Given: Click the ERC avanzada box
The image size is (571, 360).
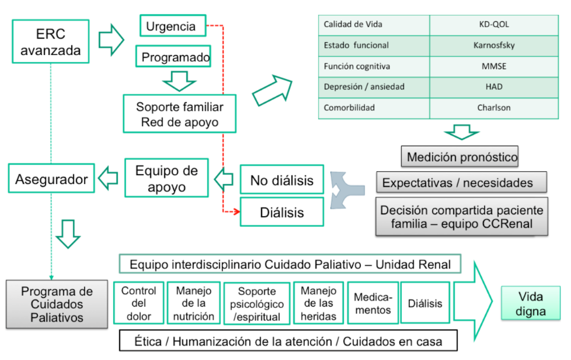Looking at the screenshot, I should coord(50,41).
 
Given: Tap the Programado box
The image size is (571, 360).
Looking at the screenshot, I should coord(176,57).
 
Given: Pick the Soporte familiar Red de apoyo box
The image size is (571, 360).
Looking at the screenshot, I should coord(180,114).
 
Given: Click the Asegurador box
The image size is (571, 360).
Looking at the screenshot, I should coord(51,178).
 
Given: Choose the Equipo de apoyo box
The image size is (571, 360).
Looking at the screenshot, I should coord(166,178).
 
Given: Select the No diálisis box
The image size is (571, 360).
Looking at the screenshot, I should coord(282,180).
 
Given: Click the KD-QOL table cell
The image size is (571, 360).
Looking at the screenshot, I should coord(493,24).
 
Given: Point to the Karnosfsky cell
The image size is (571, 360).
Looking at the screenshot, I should coord(493,45).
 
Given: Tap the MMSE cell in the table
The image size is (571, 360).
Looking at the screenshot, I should coord(493,66).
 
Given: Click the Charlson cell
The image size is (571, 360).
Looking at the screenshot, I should coord(493,108).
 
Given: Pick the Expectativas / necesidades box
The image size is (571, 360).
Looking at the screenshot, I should coord(461,182).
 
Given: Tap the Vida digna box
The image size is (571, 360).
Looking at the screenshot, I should coord(530,303).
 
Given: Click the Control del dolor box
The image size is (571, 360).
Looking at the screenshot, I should coord(138,303).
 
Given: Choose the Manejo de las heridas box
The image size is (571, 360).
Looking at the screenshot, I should coord(318,303).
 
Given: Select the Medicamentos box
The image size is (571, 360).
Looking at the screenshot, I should coord(372,303).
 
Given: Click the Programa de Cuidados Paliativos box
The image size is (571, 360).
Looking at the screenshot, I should coord(57,304).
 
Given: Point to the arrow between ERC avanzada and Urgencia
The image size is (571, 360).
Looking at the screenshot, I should coord(111,40).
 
